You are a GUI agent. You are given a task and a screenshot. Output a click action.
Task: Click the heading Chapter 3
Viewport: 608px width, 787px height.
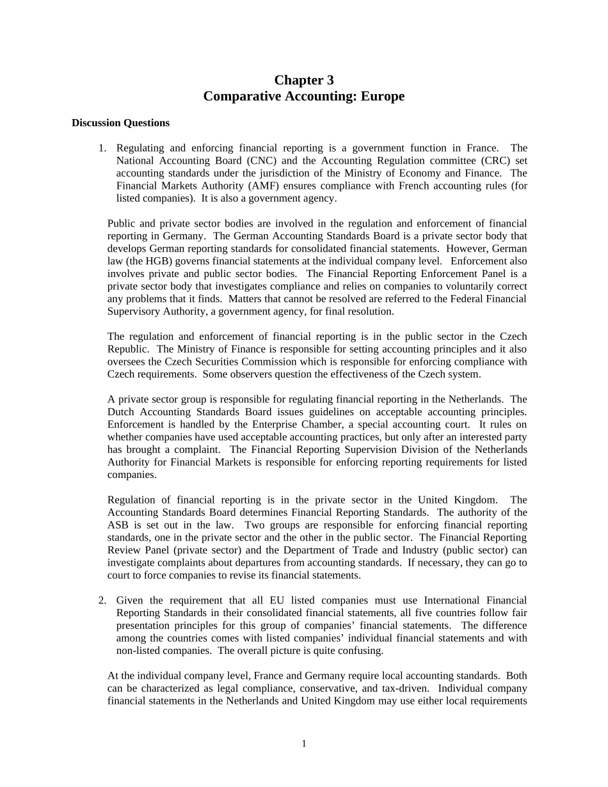click(x=304, y=80)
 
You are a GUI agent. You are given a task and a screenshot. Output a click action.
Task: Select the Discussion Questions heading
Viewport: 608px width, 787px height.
click(x=120, y=123)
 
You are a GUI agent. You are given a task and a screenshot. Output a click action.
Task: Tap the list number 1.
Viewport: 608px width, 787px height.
click(x=102, y=148)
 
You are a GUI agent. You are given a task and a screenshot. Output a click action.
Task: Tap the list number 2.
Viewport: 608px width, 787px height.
click(x=102, y=600)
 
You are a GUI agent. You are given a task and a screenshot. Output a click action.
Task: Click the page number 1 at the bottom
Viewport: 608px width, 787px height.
click(x=304, y=743)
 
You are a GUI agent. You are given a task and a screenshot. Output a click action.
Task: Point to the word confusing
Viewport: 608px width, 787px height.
click(x=362, y=651)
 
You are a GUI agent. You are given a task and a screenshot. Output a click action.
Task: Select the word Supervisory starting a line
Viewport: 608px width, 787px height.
click(x=133, y=312)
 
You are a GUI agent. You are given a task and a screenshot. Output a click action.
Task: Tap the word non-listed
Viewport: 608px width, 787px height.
click(x=140, y=651)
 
